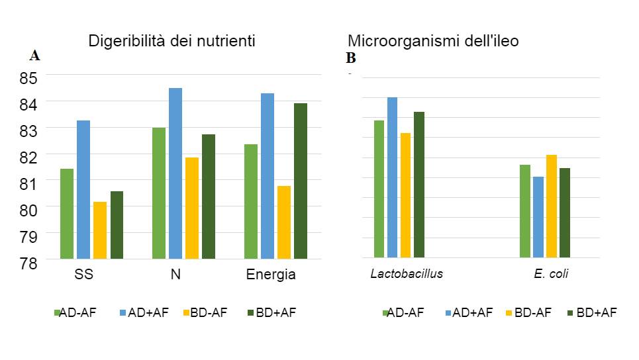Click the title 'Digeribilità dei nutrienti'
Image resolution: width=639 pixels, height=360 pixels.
pos(172,41)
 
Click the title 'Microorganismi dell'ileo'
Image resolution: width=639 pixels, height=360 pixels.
pos(433,41)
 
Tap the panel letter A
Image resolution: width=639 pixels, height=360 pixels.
pos(34,56)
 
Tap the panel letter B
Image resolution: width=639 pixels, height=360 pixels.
pos(351,58)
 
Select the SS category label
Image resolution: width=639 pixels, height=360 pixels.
pos(83,275)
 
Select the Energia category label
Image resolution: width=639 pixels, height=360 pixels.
pos(271,275)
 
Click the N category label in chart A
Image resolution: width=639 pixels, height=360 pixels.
pos(175,275)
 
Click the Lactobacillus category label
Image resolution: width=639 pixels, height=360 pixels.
pos(407,274)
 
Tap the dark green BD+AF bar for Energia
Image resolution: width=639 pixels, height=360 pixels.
pos(301,181)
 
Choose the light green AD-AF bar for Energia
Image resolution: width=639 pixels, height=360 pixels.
pos(251,201)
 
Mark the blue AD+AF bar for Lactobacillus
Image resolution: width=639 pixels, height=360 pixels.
pos(393,177)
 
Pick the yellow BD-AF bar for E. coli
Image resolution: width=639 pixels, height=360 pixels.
pos(552,206)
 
